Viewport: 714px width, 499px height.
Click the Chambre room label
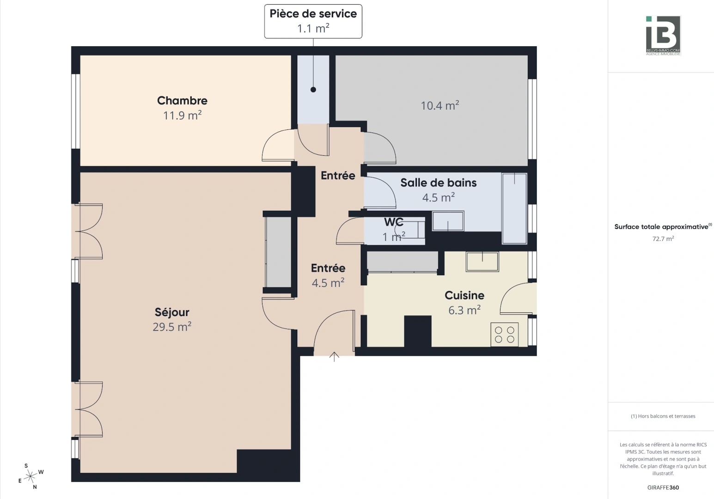click(x=182, y=101)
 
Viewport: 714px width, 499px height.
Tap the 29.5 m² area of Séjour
click(x=172, y=327)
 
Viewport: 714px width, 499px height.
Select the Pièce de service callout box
click(x=313, y=21)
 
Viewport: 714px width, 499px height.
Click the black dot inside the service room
click(x=313, y=90)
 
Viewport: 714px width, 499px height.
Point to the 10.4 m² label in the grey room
click(x=439, y=106)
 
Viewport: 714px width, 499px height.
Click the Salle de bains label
click(x=438, y=183)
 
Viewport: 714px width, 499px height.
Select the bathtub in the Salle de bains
click(x=514, y=208)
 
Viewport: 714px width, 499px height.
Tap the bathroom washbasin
click(x=448, y=221)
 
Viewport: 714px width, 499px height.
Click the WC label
click(x=393, y=222)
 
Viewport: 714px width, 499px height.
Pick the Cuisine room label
click(x=464, y=296)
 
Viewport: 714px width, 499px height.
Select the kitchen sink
click(x=482, y=262)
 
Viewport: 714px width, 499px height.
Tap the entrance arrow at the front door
click(x=334, y=356)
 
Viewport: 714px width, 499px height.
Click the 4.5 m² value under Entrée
click(x=328, y=283)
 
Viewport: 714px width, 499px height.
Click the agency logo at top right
click(x=663, y=35)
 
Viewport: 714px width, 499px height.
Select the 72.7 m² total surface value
click(x=663, y=239)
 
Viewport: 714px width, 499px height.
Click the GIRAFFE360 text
click(x=663, y=487)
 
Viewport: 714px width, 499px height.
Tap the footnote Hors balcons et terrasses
click(x=663, y=416)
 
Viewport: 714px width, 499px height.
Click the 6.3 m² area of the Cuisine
click(x=464, y=310)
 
